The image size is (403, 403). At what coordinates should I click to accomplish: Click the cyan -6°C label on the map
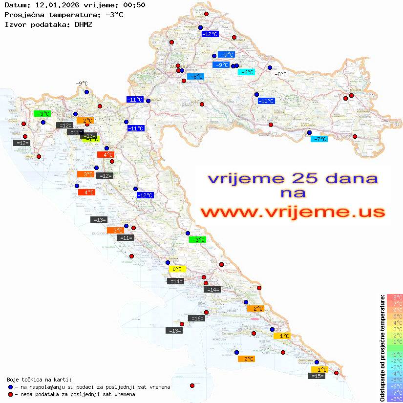[246, 72]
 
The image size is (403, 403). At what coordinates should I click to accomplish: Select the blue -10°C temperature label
[266, 101]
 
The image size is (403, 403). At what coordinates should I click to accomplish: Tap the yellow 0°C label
[177, 269]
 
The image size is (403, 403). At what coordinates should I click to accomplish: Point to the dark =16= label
[196, 318]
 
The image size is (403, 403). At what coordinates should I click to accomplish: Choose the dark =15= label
[318, 376]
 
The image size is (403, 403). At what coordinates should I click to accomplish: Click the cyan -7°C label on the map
[319, 139]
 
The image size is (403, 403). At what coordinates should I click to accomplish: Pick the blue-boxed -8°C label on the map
[196, 77]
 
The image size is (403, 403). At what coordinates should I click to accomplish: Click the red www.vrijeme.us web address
[293, 212]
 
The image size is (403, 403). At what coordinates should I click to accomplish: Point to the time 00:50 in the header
[134, 5]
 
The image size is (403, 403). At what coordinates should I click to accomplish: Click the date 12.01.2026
[56, 5]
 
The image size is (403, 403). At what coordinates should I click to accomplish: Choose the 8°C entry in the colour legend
[395, 297]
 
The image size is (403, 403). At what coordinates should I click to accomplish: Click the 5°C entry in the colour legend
[395, 316]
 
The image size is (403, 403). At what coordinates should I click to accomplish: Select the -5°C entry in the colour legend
[395, 380]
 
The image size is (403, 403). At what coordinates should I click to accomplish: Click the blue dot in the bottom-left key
[10, 387]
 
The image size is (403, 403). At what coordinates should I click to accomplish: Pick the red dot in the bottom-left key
[10, 394]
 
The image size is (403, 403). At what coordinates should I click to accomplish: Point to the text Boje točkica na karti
[39, 380]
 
